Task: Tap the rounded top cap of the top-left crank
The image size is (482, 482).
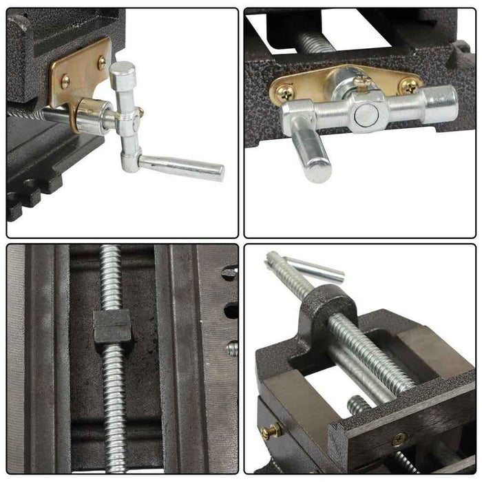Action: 123,70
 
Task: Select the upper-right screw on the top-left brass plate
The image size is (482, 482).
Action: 102,63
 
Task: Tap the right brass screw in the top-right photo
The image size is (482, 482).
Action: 409,85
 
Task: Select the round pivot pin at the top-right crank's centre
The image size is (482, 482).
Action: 365,114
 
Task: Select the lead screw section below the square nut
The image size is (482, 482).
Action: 114,406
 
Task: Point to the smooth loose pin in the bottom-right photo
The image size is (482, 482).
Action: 314,268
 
